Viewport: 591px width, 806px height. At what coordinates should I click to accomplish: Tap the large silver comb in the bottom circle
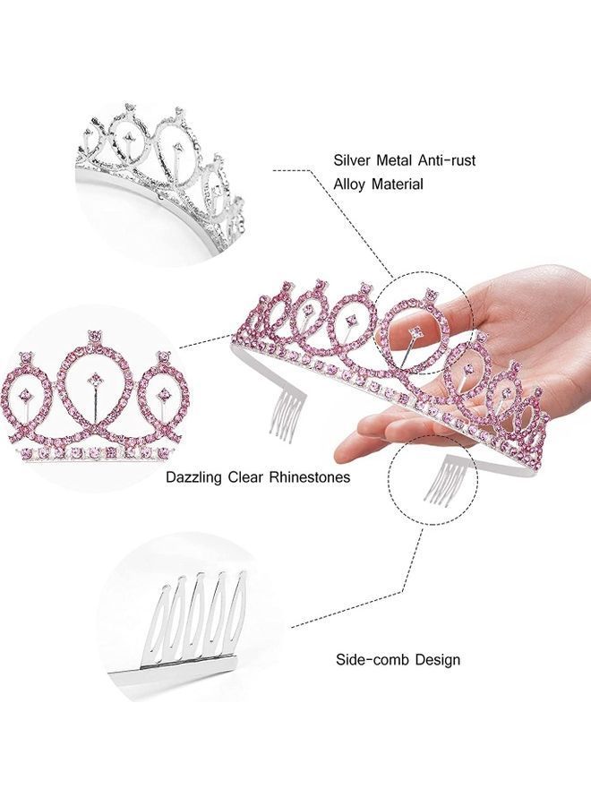193,618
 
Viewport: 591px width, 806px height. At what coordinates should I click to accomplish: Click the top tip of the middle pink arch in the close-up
92,339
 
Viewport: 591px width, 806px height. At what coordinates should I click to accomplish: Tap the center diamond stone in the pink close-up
92,382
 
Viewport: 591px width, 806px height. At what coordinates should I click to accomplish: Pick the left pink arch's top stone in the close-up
25,358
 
